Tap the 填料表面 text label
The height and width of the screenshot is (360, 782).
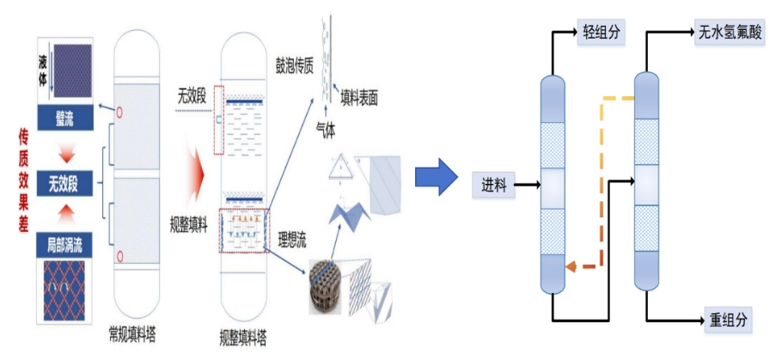[359, 98]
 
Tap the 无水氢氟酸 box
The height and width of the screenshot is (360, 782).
[726, 34]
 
